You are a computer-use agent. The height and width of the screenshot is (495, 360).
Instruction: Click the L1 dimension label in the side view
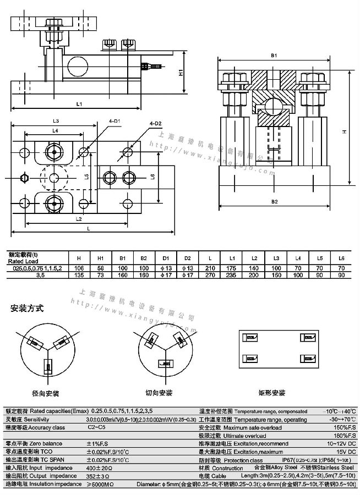pyautogui.click(x=79, y=103)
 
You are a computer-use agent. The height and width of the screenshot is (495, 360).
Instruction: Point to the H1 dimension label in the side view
pyautogui.click(x=181, y=73)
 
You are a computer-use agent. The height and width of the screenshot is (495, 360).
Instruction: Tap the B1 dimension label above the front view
pyautogui.click(x=274, y=56)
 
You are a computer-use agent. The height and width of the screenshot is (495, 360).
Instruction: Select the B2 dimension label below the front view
pyautogui.click(x=274, y=201)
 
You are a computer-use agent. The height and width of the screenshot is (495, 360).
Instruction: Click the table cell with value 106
pyautogui.click(x=79, y=268)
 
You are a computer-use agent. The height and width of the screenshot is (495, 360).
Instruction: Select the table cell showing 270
pyautogui.click(x=210, y=276)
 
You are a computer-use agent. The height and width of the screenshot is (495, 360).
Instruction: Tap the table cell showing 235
pyautogui.click(x=232, y=276)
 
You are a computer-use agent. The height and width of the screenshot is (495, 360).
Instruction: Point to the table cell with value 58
pyautogui.click(x=101, y=268)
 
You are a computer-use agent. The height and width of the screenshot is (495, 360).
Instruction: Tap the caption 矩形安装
pyautogui.click(x=272, y=393)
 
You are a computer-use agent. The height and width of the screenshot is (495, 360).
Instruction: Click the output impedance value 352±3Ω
pyautogui.click(x=99, y=475)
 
